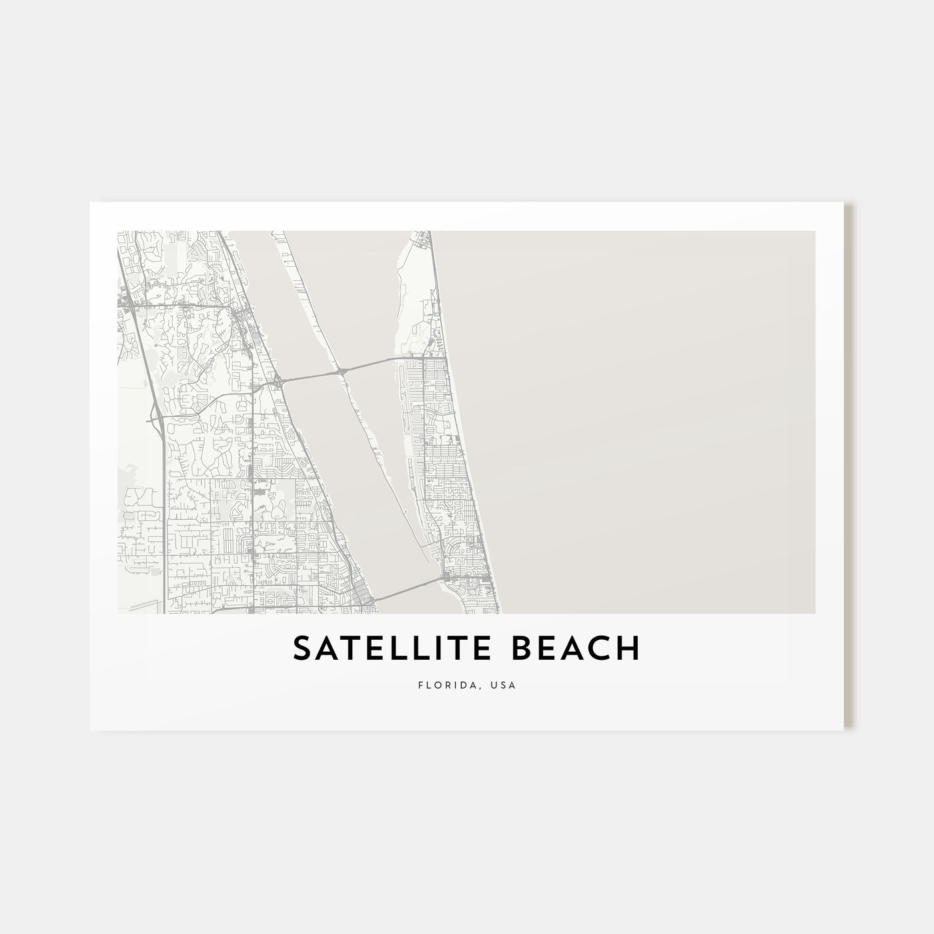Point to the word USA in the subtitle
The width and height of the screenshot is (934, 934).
click(505, 685)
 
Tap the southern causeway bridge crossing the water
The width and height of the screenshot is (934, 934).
click(407, 588)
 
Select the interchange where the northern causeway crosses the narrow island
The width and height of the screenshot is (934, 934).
click(342, 370)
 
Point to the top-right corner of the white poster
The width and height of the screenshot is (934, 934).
click(844, 202)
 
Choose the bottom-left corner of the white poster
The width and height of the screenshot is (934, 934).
click(90, 729)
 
